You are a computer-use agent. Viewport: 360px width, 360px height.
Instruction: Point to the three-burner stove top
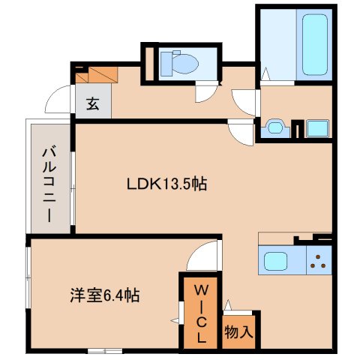pos(319,262)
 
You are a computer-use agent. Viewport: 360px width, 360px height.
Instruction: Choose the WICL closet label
pos(200,312)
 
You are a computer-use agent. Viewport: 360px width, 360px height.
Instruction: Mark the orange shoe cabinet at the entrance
pos(96,75)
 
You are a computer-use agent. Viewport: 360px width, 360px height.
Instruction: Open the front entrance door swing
pos(58,102)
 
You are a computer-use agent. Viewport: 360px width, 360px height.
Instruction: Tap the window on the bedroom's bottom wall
pos(103,350)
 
